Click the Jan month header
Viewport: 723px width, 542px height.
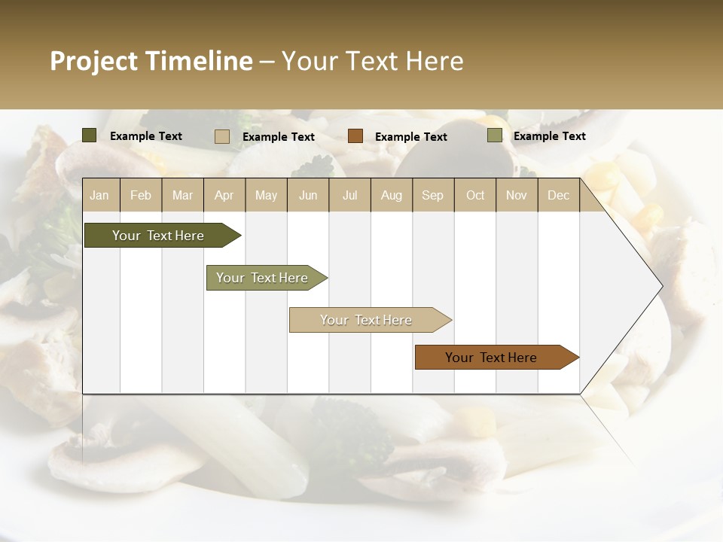pos(99,196)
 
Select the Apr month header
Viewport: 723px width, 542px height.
pos(224,196)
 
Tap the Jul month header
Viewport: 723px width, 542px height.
pos(349,196)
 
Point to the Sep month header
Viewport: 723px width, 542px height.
pos(432,196)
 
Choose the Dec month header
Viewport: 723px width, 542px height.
pos(558,196)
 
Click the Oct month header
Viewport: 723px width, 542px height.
pos(475,196)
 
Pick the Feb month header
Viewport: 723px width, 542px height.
pos(141,196)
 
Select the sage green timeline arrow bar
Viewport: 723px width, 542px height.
pos(264,278)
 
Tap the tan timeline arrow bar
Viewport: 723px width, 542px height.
pos(368,320)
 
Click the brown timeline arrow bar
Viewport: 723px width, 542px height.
pos(493,358)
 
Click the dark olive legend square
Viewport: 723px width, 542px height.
pos(89,135)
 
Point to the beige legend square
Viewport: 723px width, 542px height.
pos(221,136)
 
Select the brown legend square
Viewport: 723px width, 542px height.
pos(355,136)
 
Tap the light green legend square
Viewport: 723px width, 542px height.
pos(494,135)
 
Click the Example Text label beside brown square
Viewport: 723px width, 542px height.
pos(410,137)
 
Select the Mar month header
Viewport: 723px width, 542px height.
pos(182,196)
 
